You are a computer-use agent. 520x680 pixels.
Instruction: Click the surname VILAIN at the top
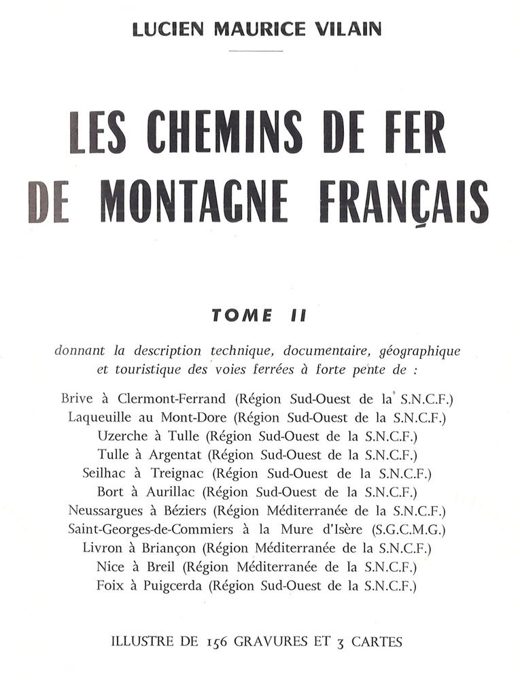coord(346,30)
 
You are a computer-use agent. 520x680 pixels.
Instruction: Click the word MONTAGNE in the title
coord(193,202)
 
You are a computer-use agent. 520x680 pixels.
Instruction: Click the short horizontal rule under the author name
coord(256,51)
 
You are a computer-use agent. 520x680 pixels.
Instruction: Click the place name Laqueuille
coord(103,417)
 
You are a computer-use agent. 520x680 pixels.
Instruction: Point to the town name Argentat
coord(178,454)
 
